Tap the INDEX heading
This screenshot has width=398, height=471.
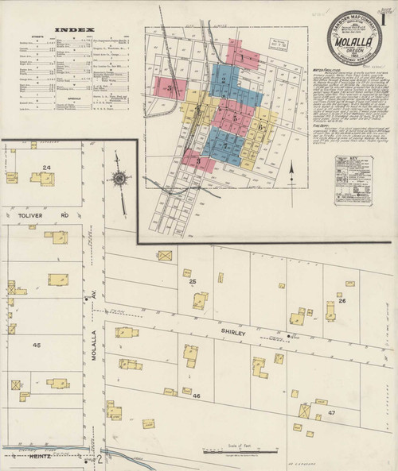point(68,31)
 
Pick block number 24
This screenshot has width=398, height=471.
point(47,167)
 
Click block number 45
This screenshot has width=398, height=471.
point(37,345)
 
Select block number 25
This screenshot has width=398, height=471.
point(192,282)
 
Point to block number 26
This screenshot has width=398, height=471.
point(341,301)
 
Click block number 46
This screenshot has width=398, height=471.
point(197,395)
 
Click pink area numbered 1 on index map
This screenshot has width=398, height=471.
point(239,57)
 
